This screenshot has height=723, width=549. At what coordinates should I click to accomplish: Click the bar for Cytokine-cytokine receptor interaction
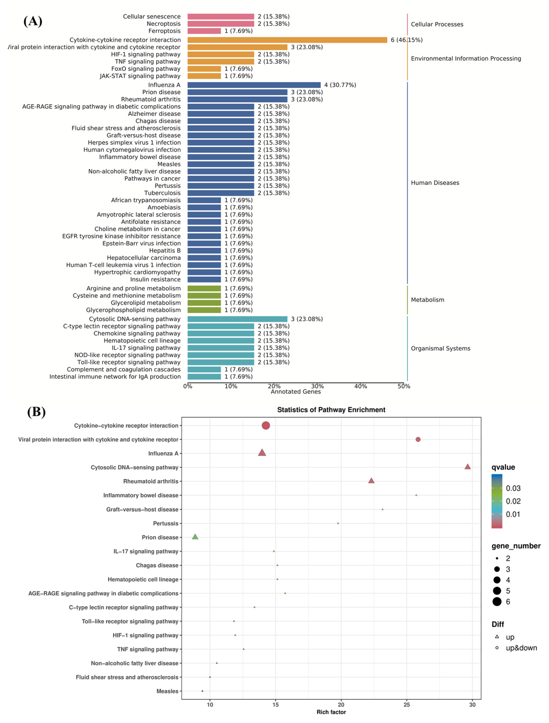[x=287, y=40]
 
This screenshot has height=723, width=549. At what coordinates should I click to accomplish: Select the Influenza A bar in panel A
[x=254, y=85]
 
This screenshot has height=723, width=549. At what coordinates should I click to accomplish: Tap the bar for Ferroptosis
[x=204, y=31]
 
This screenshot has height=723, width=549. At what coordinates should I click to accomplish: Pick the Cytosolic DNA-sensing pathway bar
[x=237, y=319]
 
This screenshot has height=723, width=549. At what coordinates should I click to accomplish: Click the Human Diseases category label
[x=435, y=183]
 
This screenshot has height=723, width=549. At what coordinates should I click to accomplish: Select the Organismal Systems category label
[x=440, y=348]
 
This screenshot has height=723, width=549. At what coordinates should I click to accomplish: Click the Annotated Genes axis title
[x=296, y=392]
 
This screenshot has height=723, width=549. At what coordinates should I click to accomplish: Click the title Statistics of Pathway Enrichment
[x=331, y=410]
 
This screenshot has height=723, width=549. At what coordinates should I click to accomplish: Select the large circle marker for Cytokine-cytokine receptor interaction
[x=266, y=426]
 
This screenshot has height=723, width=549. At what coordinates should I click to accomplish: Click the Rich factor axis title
[x=331, y=712]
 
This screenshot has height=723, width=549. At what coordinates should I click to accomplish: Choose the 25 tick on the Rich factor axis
[x=406, y=705]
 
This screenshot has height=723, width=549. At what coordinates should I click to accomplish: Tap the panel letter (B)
[x=36, y=412]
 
